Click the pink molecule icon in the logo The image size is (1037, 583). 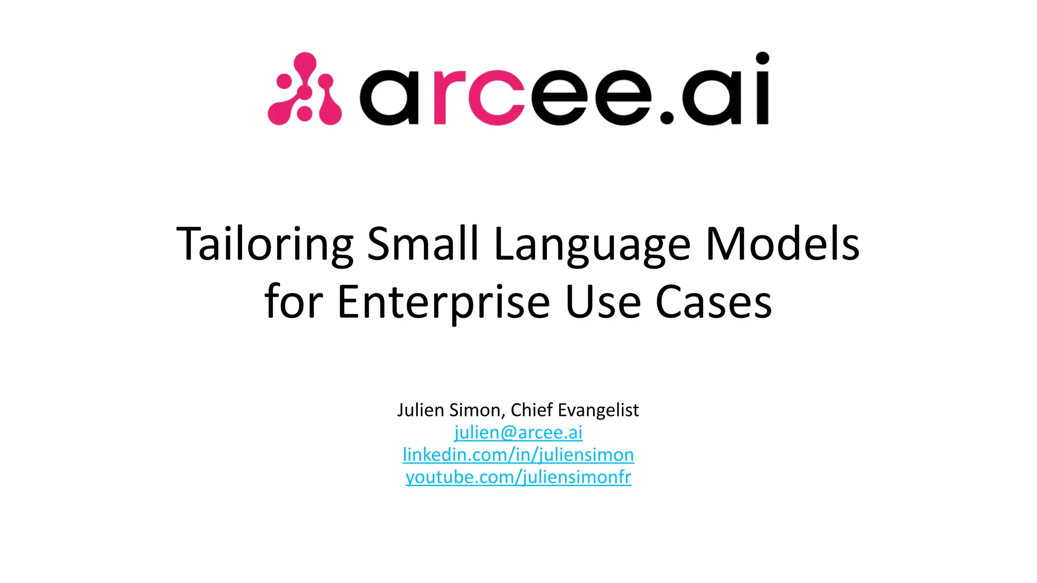(304, 89)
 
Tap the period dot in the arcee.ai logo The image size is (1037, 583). (667, 117)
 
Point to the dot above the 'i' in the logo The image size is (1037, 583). (762, 59)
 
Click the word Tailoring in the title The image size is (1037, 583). (265, 244)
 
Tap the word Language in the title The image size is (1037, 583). (592, 245)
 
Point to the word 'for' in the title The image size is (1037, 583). (294, 302)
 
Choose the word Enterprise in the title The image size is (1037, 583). (443, 303)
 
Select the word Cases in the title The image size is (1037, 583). (713, 302)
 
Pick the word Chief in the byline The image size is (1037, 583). (531, 410)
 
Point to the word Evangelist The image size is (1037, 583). (598, 410)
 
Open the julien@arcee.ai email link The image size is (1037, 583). (518, 433)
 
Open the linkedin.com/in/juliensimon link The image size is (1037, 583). (518, 455)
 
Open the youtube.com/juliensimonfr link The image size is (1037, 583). (518, 477)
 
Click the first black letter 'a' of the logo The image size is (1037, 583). (388, 97)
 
